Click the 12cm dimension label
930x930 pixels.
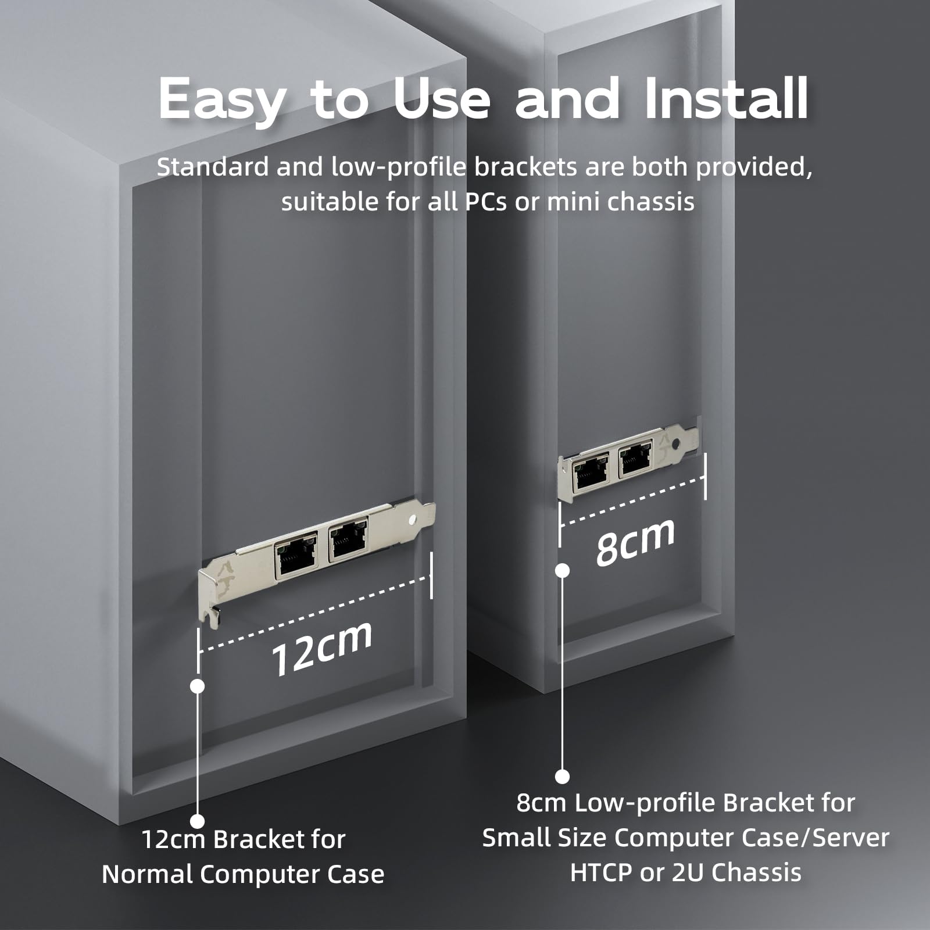click(321, 648)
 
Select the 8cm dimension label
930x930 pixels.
click(635, 542)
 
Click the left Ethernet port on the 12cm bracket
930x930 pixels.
click(296, 557)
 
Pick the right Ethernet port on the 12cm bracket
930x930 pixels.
click(348, 540)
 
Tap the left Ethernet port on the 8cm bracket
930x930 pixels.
click(591, 471)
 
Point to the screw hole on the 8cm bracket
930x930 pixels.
click(675, 443)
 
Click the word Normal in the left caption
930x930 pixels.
click(148, 874)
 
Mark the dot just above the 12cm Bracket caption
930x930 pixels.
click(198, 821)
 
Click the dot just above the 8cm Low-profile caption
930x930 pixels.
click(562, 776)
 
